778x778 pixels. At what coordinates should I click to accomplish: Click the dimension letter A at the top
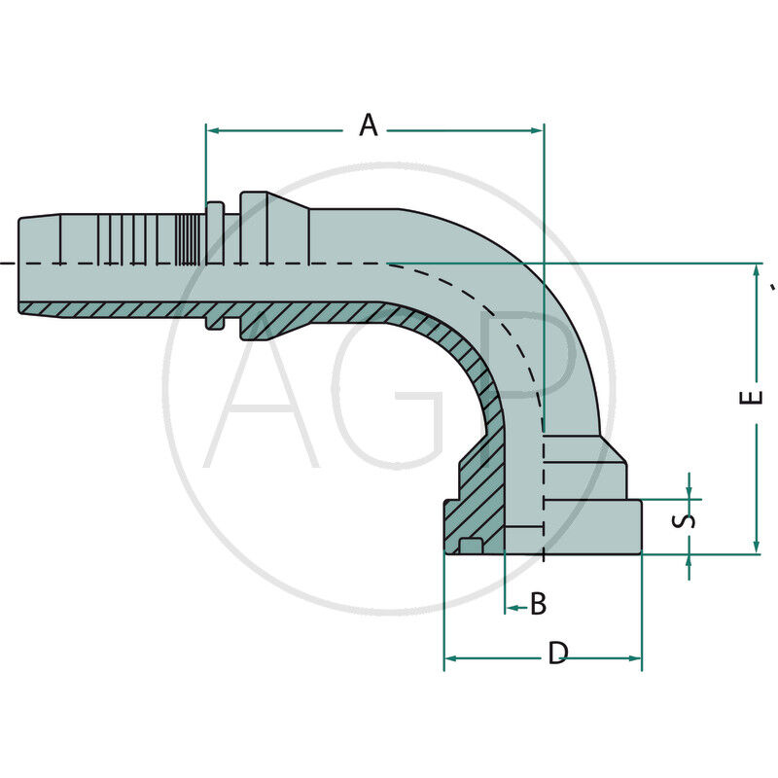(x=368, y=125)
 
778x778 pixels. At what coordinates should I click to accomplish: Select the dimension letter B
(x=537, y=604)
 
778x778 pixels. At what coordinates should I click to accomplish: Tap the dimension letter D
(x=556, y=654)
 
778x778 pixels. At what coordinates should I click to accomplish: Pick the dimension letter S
(x=687, y=518)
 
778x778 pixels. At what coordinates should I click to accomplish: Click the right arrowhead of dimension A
(x=538, y=128)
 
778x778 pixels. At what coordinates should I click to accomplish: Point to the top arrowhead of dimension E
(x=757, y=270)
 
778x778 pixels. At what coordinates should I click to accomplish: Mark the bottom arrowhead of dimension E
(x=757, y=548)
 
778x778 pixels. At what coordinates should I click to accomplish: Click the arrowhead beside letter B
(x=510, y=609)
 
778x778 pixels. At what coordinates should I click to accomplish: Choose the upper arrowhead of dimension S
(x=689, y=493)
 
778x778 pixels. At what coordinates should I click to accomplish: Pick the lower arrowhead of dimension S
(x=689, y=561)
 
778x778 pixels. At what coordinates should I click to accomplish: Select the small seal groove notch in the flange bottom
(x=471, y=546)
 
